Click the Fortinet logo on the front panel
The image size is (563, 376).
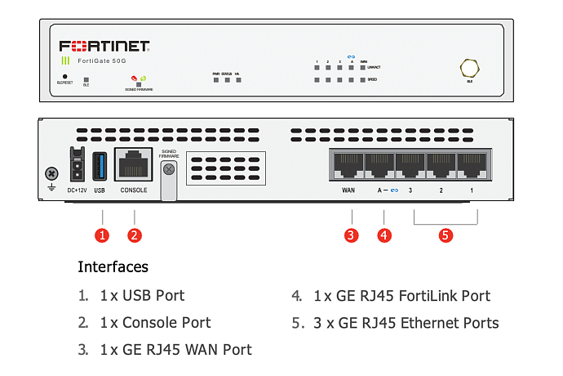[103, 46]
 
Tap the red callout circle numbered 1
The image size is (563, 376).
[102, 235]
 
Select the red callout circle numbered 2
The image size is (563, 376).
[135, 235]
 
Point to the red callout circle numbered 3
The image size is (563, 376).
[351, 235]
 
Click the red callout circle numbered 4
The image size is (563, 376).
[383, 235]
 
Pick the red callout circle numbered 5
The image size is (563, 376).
[446, 235]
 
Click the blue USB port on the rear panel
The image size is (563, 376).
[100, 166]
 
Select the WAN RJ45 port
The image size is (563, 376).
[348, 166]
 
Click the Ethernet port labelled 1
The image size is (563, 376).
[471, 166]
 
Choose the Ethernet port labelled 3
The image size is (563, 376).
[410, 166]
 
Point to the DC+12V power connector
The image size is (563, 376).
[77, 166]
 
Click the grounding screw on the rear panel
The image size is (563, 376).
[51, 173]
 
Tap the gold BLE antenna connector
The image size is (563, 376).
[469, 68]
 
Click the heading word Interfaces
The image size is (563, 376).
[113, 267]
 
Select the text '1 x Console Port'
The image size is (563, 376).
[155, 323]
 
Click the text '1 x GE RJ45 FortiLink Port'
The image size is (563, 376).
[401, 296]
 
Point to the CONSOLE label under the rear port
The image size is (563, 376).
[134, 190]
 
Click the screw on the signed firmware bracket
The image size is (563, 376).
[169, 169]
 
